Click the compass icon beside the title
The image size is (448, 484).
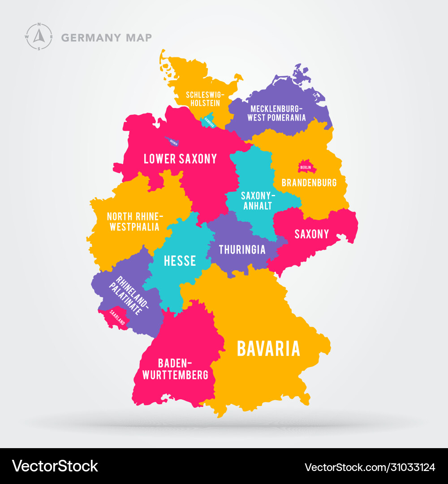[x=39, y=37]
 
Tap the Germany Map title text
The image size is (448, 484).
[x=106, y=38]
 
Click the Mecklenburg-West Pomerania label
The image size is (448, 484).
[x=277, y=113]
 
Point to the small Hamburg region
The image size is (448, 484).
[x=209, y=121]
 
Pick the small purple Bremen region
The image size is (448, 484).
[x=172, y=142]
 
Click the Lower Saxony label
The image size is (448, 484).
[x=180, y=159]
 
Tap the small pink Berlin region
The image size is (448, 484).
[x=307, y=167]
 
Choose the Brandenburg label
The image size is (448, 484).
[x=309, y=183]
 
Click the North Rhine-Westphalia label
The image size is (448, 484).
[x=135, y=221]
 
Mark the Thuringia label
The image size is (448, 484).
[x=242, y=249]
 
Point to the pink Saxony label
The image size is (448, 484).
[x=312, y=234]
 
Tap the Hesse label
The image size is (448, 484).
[x=180, y=260]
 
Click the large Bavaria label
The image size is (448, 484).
[x=268, y=349]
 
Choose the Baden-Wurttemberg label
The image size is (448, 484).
[x=175, y=369]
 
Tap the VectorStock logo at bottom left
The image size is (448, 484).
[x=55, y=466]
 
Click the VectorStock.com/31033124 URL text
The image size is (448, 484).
[x=370, y=467]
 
